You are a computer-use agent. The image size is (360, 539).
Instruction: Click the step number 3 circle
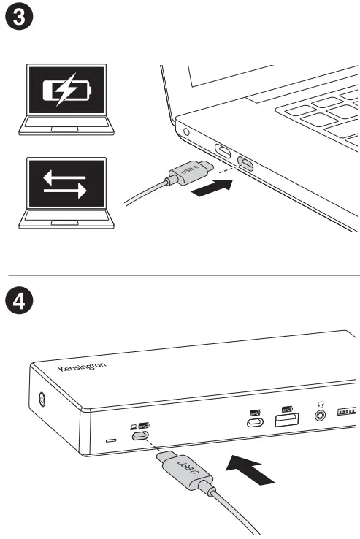pyautogui.click(x=18, y=18)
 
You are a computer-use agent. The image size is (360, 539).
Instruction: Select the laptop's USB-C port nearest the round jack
pyautogui.click(x=222, y=153)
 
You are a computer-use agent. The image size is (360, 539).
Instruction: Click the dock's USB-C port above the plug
pyautogui.click(x=142, y=437)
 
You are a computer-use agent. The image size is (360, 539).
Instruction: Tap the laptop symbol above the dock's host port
pyautogui.click(x=132, y=424)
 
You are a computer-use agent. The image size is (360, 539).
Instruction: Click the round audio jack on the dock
pyautogui.click(x=319, y=416)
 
